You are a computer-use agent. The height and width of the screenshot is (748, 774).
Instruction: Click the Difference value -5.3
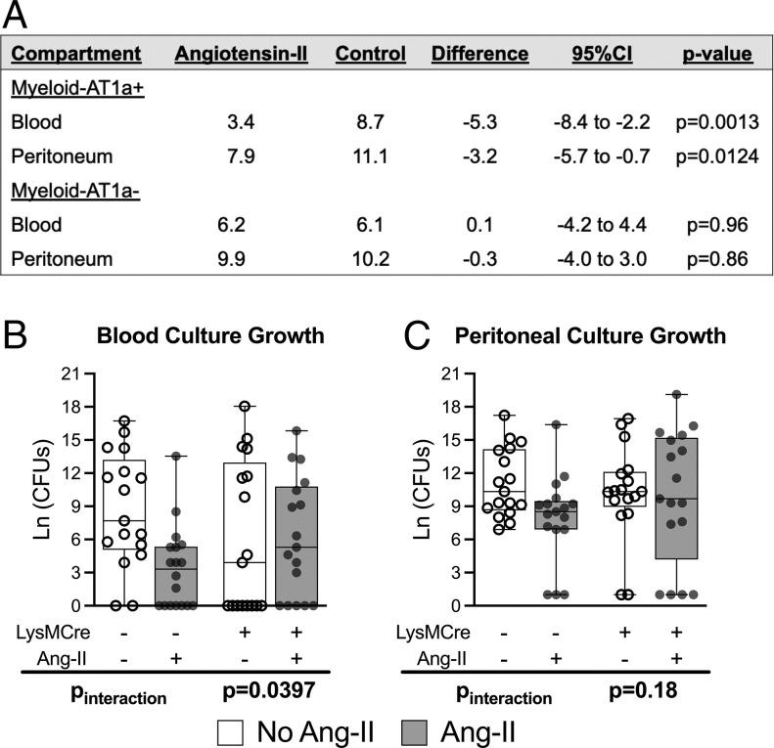(478, 123)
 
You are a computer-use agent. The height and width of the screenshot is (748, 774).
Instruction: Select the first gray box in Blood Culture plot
(178, 576)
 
